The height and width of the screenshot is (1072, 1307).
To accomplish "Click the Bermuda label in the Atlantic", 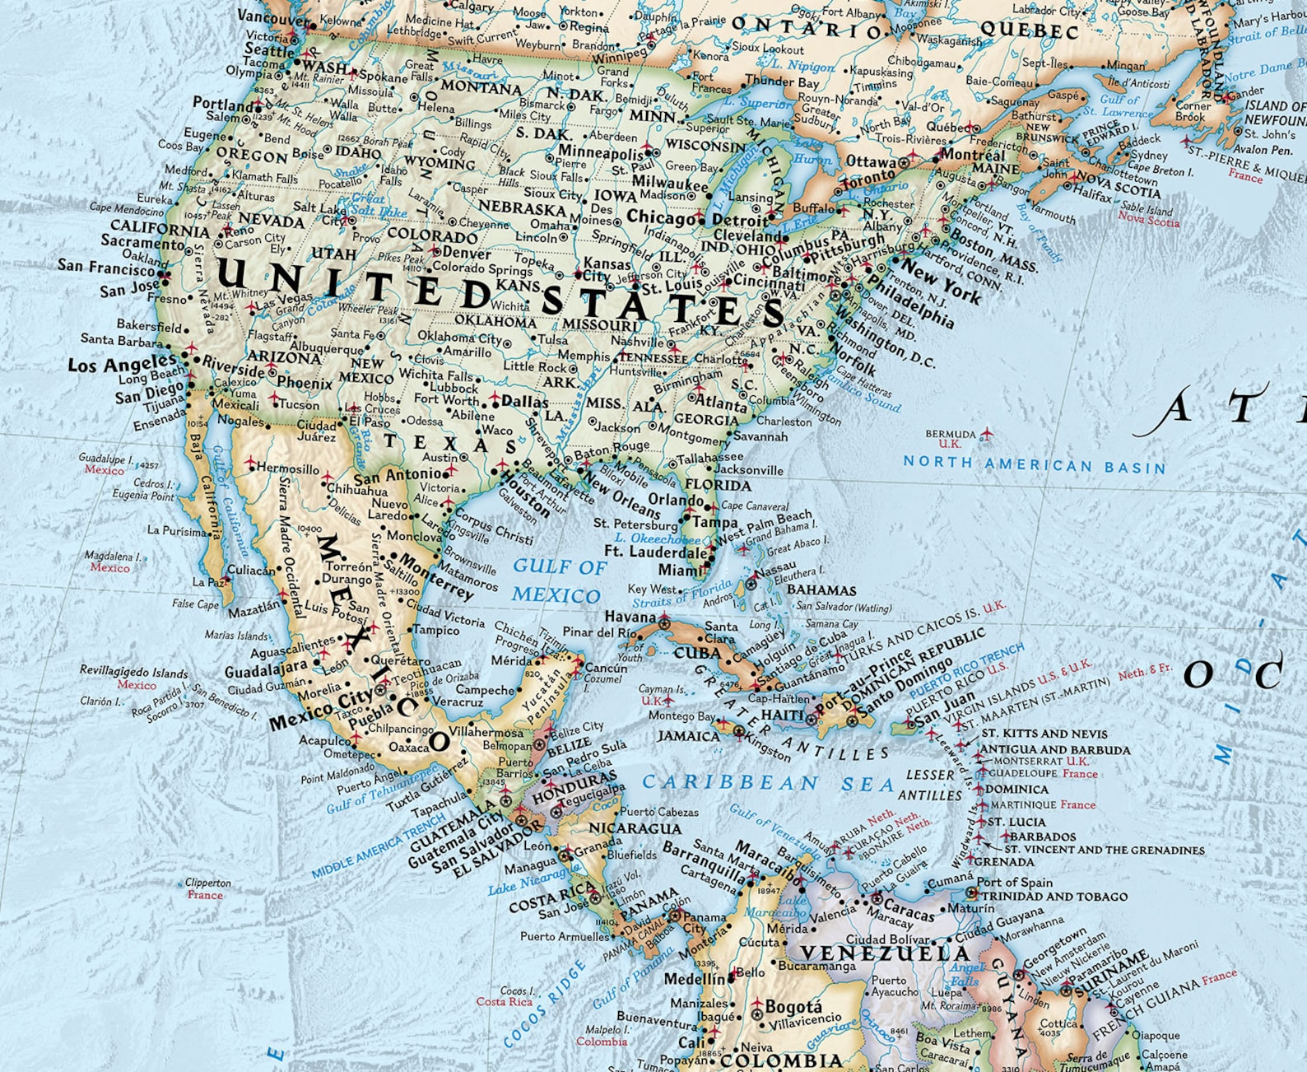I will [x=950, y=434].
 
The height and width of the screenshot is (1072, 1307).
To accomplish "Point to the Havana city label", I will [x=630, y=617].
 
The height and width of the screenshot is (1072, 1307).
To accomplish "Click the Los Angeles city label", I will [x=122, y=364].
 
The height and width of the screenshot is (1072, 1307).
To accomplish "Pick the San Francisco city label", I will [x=106, y=267].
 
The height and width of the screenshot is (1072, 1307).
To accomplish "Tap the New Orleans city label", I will [x=621, y=493].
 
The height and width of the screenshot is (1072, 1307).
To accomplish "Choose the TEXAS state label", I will [x=449, y=444].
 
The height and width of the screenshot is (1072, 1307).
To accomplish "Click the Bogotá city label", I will [x=793, y=1007].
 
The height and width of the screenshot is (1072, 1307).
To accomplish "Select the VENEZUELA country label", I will [x=886, y=953].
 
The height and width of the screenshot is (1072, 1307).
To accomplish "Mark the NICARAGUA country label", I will [x=635, y=828].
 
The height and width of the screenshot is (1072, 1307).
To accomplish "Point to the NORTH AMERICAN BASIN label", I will [x=1035, y=464].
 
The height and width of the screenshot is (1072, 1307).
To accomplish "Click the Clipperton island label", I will [x=207, y=883].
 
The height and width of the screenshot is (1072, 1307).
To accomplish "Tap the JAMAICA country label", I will [x=688, y=735].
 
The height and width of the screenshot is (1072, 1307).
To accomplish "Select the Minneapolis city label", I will [x=601, y=152].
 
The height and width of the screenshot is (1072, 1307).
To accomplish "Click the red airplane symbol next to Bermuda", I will [x=987, y=433].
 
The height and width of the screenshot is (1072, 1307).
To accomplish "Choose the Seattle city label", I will [x=269, y=49].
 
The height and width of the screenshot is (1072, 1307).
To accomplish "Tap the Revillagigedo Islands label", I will [x=133, y=672].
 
